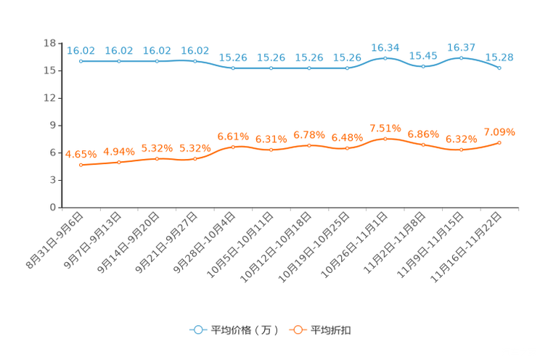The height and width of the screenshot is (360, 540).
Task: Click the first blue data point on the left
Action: pyautogui.click(x=81, y=61)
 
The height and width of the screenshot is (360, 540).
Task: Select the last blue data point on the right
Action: pyautogui.click(x=500, y=67)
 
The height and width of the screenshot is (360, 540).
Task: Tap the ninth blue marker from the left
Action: pyautogui.click(x=385, y=57)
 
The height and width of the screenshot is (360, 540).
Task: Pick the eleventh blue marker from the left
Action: pyautogui.click(x=462, y=57)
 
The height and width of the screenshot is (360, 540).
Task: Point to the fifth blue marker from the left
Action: pyautogui.click(x=233, y=68)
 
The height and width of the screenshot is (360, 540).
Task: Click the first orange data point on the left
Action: pyautogui.click(x=81, y=164)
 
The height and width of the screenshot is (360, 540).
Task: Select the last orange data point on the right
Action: pyautogui.click(x=500, y=142)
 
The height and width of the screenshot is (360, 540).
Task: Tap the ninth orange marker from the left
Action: pyautogui.click(x=385, y=138)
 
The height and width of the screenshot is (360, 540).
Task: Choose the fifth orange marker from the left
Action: pyautogui.click(x=233, y=147)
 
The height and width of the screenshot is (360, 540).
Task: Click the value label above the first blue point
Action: pyautogui.click(x=81, y=50)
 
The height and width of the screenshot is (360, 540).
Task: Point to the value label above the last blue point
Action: pyautogui.click(x=500, y=57)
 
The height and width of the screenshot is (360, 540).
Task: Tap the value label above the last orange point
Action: pyautogui.click(x=500, y=131)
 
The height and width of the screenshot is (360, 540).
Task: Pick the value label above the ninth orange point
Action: pyautogui.click(x=385, y=128)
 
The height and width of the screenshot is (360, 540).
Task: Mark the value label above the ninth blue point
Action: pyautogui.click(x=385, y=47)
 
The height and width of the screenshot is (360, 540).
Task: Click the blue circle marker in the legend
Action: pyautogui.click(x=197, y=330)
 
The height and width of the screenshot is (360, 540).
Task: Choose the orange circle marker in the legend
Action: pyautogui.click(x=297, y=330)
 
